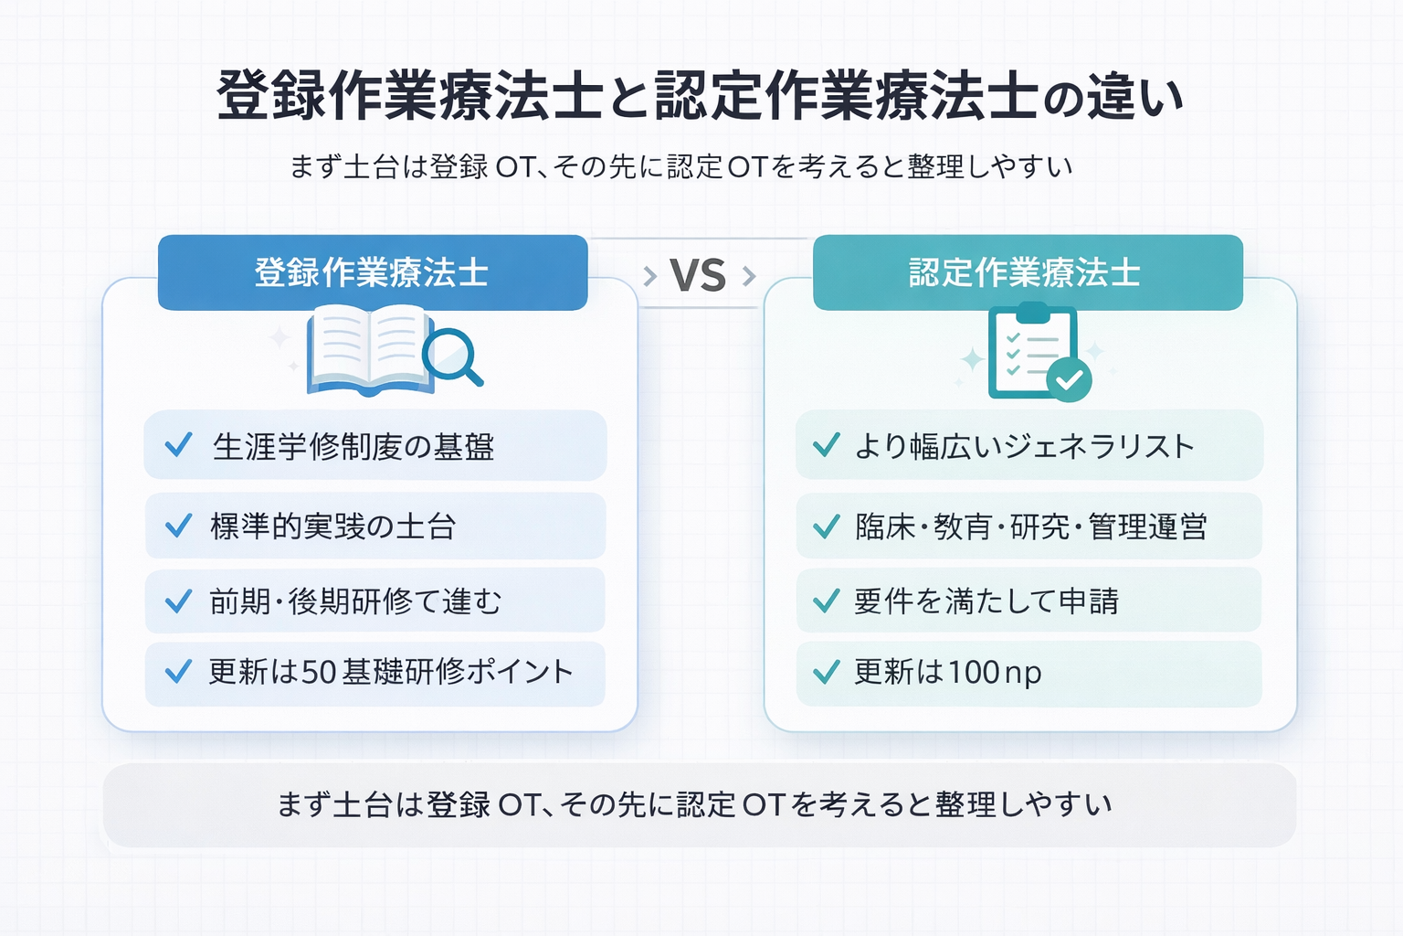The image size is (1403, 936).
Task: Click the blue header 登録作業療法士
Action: (x=372, y=272)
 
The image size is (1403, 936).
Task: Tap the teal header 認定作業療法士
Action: (x=1027, y=272)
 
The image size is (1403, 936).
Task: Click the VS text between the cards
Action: (x=698, y=275)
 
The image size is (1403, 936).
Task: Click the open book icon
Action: (x=368, y=350)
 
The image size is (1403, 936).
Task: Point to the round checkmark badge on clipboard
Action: (x=1069, y=379)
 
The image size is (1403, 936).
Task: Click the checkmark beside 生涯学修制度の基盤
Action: (x=178, y=445)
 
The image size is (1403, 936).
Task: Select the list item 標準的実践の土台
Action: (x=332, y=526)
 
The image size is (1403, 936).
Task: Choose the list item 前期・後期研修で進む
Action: (x=355, y=601)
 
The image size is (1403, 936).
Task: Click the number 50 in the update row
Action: (x=320, y=673)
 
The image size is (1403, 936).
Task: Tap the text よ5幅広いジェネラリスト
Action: (x=1024, y=446)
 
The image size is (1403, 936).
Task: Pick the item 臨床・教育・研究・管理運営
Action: (x=1031, y=526)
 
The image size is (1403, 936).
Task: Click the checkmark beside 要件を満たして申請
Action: (x=826, y=601)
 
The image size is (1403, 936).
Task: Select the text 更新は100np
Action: (x=948, y=673)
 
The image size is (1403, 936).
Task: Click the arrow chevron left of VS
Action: (x=649, y=275)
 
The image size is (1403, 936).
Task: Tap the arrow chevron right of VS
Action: (x=749, y=275)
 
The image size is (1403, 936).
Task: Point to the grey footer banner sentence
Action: (x=694, y=804)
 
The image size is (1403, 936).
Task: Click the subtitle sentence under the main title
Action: (x=680, y=166)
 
